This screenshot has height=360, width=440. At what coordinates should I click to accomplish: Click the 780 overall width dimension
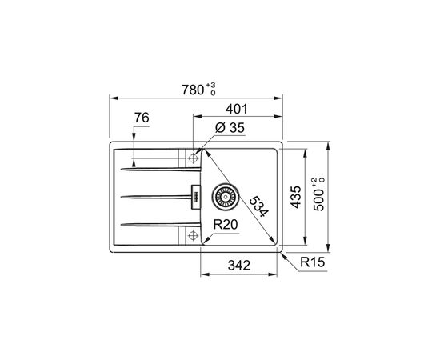click(193, 90)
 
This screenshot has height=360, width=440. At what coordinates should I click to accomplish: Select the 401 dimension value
click(237, 109)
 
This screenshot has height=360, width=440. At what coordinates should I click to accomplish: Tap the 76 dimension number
click(142, 118)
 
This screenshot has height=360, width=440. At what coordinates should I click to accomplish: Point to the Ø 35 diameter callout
click(230, 128)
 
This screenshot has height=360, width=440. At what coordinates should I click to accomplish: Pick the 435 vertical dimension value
click(295, 197)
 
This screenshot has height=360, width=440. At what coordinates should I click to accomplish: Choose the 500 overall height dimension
click(319, 200)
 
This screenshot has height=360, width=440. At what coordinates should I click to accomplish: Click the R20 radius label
click(226, 225)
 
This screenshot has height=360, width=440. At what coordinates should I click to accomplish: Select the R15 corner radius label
click(312, 262)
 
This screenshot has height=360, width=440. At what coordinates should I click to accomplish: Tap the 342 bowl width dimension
click(239, 265)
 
